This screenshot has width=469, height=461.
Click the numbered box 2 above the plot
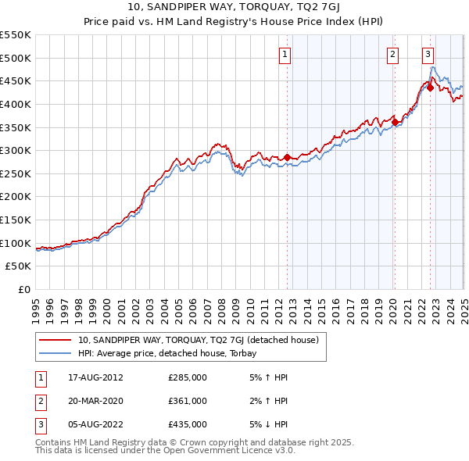392,54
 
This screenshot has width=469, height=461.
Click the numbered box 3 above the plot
428,54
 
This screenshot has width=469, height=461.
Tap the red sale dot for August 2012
287,158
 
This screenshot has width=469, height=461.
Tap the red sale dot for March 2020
396,122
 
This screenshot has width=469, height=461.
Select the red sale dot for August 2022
430,88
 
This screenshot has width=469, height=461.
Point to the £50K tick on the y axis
20,266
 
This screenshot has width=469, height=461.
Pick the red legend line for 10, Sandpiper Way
55,341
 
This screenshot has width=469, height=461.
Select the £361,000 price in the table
188,401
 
